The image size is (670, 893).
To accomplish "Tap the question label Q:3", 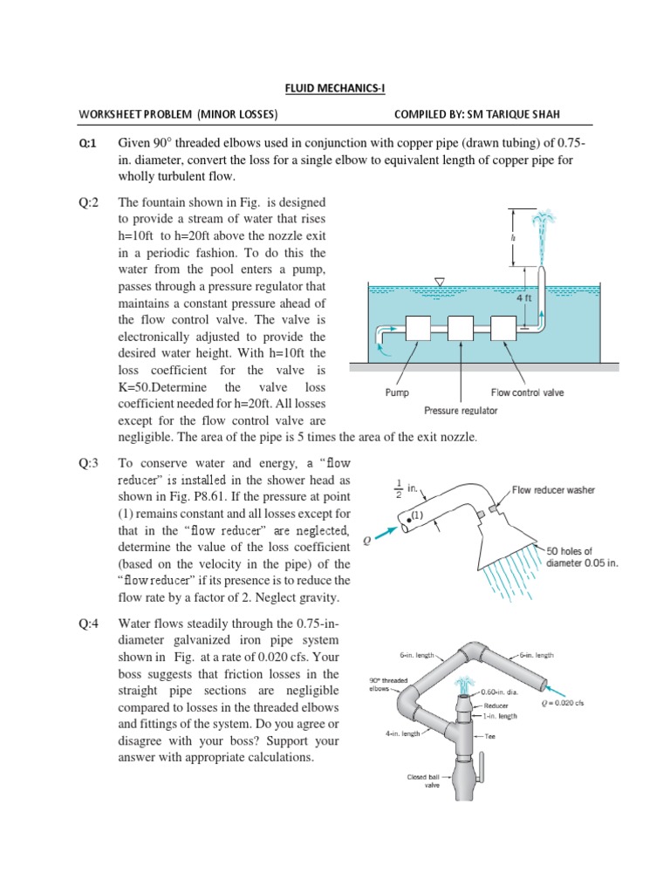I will (87, 463).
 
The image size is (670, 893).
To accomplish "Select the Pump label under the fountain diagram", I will (397, 392).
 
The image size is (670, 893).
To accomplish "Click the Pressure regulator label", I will (461, 410).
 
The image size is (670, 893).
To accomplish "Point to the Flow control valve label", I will (528, 392).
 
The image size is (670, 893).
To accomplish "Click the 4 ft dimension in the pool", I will (524, 298).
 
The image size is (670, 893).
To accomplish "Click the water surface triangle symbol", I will (440, 282).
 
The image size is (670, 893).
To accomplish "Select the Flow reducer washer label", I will (553, 490).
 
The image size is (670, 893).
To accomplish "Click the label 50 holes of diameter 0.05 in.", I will (581, 556).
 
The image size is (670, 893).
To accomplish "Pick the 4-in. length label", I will (404, 733).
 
